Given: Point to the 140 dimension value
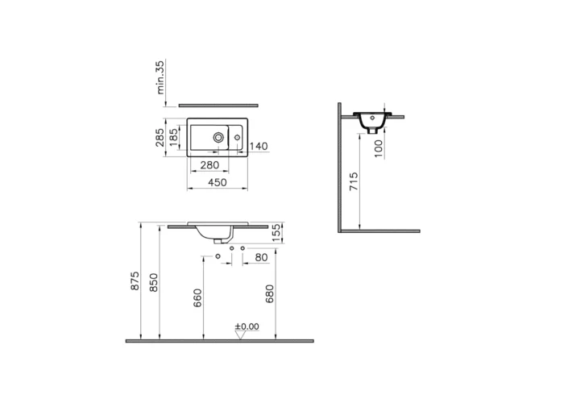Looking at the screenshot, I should point(258,146).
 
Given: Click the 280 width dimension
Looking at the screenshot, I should point(210,165).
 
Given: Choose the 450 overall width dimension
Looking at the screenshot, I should point(217,183).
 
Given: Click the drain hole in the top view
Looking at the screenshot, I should point(218,138).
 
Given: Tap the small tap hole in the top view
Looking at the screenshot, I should point(239,138).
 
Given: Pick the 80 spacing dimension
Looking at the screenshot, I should point(260,257).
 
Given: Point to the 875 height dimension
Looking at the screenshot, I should point(135,281).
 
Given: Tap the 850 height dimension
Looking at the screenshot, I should point(153,281).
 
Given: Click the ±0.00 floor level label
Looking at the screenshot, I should point(247,326).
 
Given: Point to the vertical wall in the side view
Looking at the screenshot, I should point(341,169).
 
